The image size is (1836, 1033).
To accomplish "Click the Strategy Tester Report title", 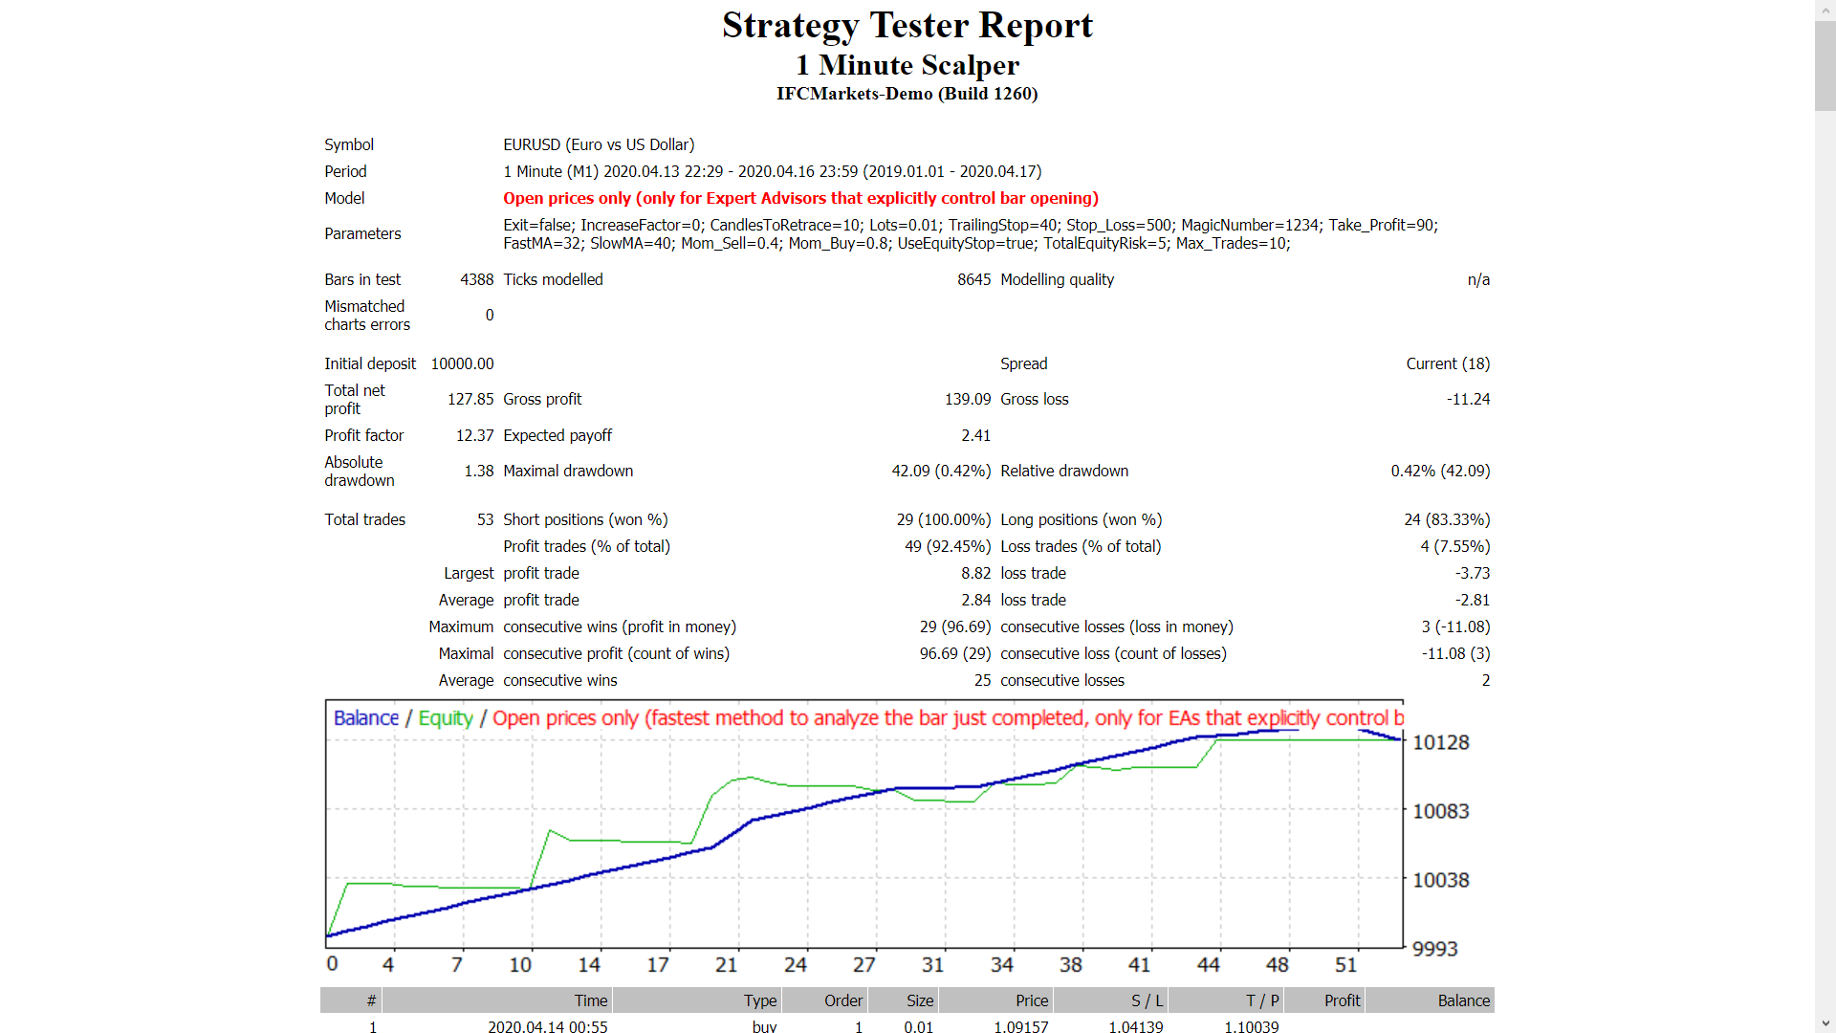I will tap(907, 26).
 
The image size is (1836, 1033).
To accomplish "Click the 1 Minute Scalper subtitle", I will tap(907, 65).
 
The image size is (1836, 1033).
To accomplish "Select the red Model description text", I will tap(800, 198).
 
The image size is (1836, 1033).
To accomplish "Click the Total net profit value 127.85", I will tap(470, 399).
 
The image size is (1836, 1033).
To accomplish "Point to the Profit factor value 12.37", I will tap(474, 435).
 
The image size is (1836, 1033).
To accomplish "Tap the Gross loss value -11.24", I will tap(1468, 399).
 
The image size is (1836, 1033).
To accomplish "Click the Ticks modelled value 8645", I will tap(973, 279).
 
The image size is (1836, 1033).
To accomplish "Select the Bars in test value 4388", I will tap(476, 279).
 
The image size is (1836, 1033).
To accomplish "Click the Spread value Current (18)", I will tap(1448, 363).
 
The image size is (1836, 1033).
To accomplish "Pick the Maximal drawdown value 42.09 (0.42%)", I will tap(941, 471).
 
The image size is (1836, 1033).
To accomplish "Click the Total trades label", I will tap(364, 519).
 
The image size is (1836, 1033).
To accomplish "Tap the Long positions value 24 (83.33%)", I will tap(1447, 519).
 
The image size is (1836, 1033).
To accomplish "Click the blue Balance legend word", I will tap(365, 718).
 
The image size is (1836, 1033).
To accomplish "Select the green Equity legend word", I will tap(446, 718).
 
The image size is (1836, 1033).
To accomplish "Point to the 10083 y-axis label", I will tap(1440, 811).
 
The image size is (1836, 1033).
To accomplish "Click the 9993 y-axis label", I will tap(1434, 949).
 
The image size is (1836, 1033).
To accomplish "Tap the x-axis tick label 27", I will tap(863, 965).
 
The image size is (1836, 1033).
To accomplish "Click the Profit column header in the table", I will tap(1342, 1000).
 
